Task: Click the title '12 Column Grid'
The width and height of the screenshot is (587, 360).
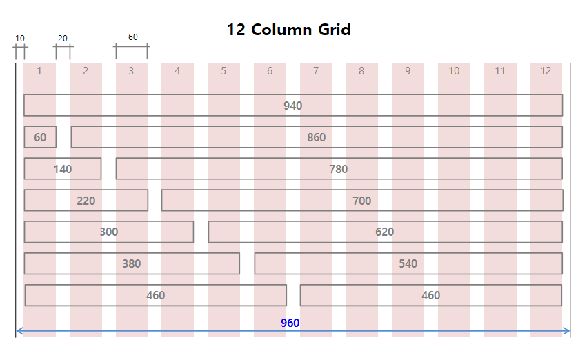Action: pyautogui.click(x=288, y=30)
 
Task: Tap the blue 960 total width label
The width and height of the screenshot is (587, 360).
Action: pyautogui.click(x=290, y=323)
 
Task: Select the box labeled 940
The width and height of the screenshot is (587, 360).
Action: pyautogui.click(x=293, y=106)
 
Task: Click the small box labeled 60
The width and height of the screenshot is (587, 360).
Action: pyautogui.click(x=40, y=137)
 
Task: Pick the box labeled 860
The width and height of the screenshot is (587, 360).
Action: pyautogui.click(x=317, y=137)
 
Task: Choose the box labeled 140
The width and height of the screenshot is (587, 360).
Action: pyautogui.click(x=63, y=169)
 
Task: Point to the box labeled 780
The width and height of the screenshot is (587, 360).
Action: pyautogui.click(x=339, y=169)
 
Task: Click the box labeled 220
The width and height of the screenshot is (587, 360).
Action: pyautogui.click(x=86, y=201)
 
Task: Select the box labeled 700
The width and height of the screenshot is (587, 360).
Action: pyautogui.click(x=362, y=201)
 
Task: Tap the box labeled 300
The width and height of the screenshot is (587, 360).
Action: pyautogui.click(x=109, y=232)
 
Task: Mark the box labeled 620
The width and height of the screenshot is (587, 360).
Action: pyautogui.click(x=385, y=232)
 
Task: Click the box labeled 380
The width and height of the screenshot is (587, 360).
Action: pyautogui.click(x=132, y=263)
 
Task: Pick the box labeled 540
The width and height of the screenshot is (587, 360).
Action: pyautogui.click(x=408, y=263)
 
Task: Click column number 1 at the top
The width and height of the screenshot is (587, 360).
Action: pyautogui.click(x=39, y=71)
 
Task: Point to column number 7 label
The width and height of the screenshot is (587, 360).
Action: pyautogui.click(x=315, y=71)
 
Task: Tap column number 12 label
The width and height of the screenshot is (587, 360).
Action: pyautogui.click(x=546, y=71)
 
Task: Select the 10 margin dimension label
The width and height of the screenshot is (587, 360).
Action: pyautogui.click(x=19, y=39)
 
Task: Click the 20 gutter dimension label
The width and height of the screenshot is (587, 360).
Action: pyautogui.click(x=63, y=39)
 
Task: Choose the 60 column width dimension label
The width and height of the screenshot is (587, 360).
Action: pyautogui.click(x=132, y=37)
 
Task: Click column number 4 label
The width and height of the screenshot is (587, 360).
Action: pyautogui.click(x=177, y=71)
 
